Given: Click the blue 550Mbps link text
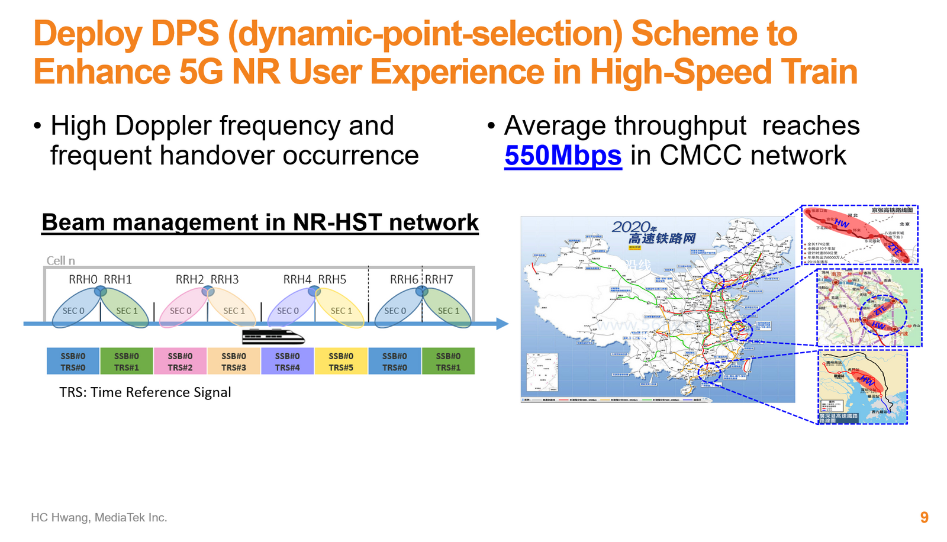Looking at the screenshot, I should [563, 156].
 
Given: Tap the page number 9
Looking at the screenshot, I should [924, 518].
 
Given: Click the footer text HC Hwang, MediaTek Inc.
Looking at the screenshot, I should [99, 518].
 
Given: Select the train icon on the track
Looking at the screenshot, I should [273, 337].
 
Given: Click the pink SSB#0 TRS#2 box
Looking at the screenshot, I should [180, 362].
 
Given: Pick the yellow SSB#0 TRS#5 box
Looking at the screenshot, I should [341, 362].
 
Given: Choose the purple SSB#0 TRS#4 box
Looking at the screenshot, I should [287, 362].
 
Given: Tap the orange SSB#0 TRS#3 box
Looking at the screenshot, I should [234, 362].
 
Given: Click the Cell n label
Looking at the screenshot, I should [61, 261].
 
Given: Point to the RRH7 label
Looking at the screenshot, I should [439, 279].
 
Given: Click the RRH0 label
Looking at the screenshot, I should [83, 279].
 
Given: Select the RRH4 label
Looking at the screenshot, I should [297, 279].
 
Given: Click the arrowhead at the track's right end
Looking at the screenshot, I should [503, 324].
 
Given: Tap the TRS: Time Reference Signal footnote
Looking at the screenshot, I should [145, 392].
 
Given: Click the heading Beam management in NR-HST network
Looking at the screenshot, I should [260, 222].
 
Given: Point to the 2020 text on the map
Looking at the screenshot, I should [631, 227].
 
